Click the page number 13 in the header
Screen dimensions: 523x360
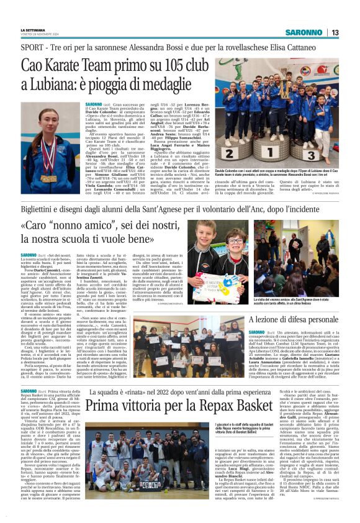click(x=335, y=32)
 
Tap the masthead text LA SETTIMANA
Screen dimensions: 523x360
click(x=34, y=30)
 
